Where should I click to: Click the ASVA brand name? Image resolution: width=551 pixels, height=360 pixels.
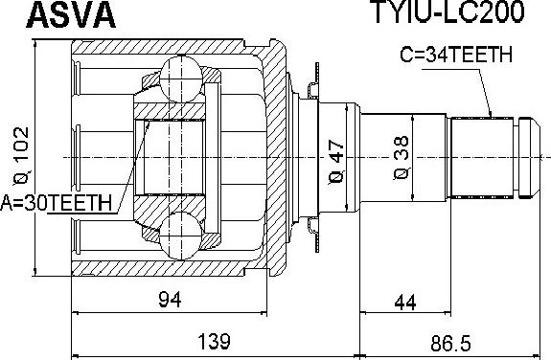(x=71, y=14)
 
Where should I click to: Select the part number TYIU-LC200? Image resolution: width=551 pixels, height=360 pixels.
(x=448, y=11)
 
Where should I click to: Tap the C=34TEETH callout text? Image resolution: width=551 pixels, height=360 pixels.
(x=456, y=55)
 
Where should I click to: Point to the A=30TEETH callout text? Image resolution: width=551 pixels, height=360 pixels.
(x=57, y=203)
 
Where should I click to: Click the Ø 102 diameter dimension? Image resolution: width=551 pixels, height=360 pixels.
(x=21, y=156)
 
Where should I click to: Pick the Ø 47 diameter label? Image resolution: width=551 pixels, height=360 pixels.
(x=336, y=162)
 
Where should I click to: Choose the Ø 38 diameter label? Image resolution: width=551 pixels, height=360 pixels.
(x=402, y=158)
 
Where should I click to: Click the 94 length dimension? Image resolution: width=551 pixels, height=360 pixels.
(x=170, y=300)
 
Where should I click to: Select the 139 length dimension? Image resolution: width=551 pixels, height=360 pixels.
(x=214, y=342)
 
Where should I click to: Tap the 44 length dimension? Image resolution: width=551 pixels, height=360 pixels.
(x=405, y=303)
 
